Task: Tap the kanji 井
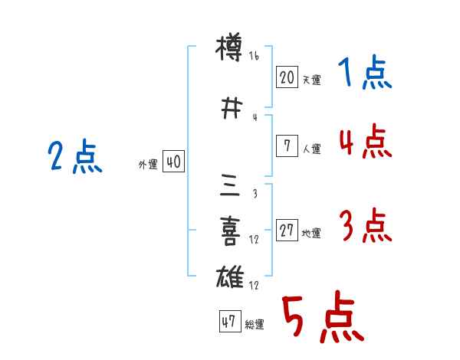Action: tap(230, 107)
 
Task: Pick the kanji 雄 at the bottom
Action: tap(230, 277)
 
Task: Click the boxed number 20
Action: tap(287, 77)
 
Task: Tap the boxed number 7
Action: tap(287, 146)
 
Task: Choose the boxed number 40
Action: tap(173, 162)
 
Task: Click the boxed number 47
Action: tap(228, 322)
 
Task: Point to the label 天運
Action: tap(311, 80)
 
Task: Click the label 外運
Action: tap(148, 165)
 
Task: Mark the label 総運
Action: tap(255, 325)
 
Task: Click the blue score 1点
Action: tap(364, 74)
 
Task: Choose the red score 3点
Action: tap(366, 226)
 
